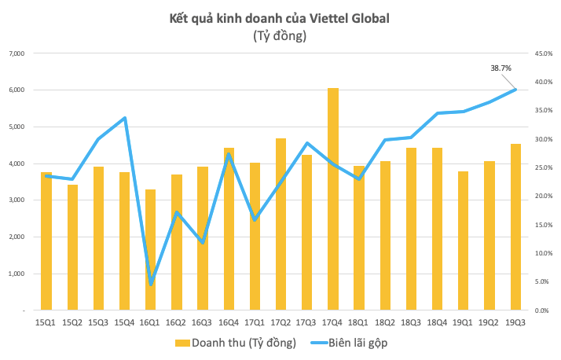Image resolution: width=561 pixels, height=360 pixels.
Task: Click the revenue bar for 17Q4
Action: tap(333, 204)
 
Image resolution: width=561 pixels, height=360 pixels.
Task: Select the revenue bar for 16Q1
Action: tap(151, 252)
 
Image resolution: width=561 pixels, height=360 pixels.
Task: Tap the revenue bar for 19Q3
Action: tap(515, 228)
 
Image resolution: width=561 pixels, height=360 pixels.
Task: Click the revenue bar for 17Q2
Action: tap(280, 228)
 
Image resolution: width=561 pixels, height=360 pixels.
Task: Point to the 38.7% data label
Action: tap(501, 68)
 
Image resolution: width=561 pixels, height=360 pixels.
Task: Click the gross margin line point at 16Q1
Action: tap(151, 284)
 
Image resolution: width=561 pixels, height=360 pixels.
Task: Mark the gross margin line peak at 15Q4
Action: tap(125, 118)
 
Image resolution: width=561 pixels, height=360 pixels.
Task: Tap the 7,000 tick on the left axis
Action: tap(16, 53)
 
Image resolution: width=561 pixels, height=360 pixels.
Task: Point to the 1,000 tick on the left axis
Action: tap(16, 274)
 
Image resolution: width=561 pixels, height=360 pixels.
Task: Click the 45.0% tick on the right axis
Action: tap(543, 53)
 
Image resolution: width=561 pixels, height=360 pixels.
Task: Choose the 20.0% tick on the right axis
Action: tap(543, 197)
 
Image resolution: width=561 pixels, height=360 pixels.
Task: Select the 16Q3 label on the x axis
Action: tap(203, 321)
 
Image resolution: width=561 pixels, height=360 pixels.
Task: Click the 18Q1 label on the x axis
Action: tap(359, 321)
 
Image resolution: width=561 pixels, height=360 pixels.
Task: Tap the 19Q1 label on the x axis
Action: tap(464, 321)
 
